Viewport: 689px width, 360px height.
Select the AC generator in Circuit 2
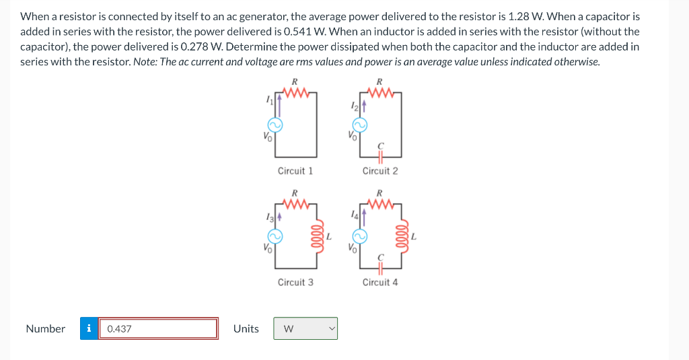pyautogui.click(x=361, y=125)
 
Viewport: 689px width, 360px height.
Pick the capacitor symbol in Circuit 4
pyautogui.click(x=380, y=268)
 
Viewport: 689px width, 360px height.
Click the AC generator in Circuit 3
pyautogui.click(x=275, y=236)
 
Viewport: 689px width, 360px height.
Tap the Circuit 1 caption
pyautogui.click(x=295, y=171)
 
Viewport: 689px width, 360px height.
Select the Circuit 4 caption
pyautogui.click(x=380, y=282)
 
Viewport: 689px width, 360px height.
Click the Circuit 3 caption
pyautogui.click(x=295, y=282)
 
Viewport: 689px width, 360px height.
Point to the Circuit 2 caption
pyautogui.click(x=380, y=171)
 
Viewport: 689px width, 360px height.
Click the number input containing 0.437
pyautogui.click(x=158, y=328)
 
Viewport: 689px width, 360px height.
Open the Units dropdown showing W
pyautogui.click(x=305, y=328)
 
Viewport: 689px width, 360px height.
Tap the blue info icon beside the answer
pyautogui.click(x=89, y=328)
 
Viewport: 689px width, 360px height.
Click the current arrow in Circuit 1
pyautogui.click(x=275, y=102)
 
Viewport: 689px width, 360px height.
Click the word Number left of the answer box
pyautogui.click(x=45, y=328)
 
